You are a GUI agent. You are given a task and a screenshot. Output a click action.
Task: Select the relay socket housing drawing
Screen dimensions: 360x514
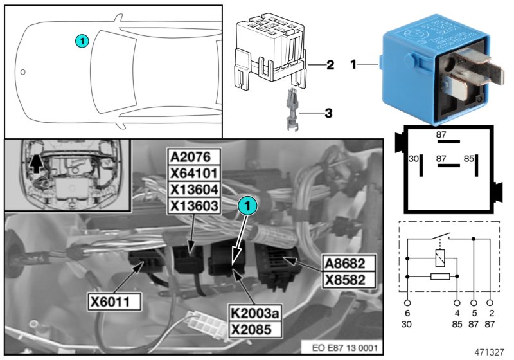coord(270,51)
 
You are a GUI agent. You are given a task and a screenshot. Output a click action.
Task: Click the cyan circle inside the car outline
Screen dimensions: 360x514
coord(81,40)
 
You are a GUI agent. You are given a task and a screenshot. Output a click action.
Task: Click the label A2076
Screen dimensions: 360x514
coord(193,157)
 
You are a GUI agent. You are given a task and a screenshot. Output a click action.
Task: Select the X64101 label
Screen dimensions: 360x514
coord(193,173)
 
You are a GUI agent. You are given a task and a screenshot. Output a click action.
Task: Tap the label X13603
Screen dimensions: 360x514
coord(193,205)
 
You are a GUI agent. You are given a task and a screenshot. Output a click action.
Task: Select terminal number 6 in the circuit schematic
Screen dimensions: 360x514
coord(407,312)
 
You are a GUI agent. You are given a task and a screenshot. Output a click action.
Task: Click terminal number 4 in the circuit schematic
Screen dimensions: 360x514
coord(457,312)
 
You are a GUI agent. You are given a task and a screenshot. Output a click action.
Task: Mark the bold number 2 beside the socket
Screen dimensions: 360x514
coord(330,65)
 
